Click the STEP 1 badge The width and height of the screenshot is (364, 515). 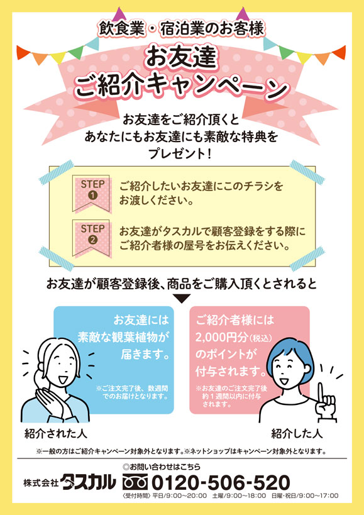tap(92, 194)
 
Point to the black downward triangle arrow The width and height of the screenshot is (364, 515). tap(181, 299)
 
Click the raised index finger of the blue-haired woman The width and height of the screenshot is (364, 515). tap(322, 393)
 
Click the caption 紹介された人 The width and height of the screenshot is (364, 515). tap(55, 434)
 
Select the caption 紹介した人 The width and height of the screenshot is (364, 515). tap(297, 434)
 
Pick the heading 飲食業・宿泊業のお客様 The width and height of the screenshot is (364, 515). tap(182, 29)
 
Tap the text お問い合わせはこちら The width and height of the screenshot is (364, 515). tap(162, 467)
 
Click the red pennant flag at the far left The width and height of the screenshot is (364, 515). tap(23, 52)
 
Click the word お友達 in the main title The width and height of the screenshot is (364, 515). tap(181, 58)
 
